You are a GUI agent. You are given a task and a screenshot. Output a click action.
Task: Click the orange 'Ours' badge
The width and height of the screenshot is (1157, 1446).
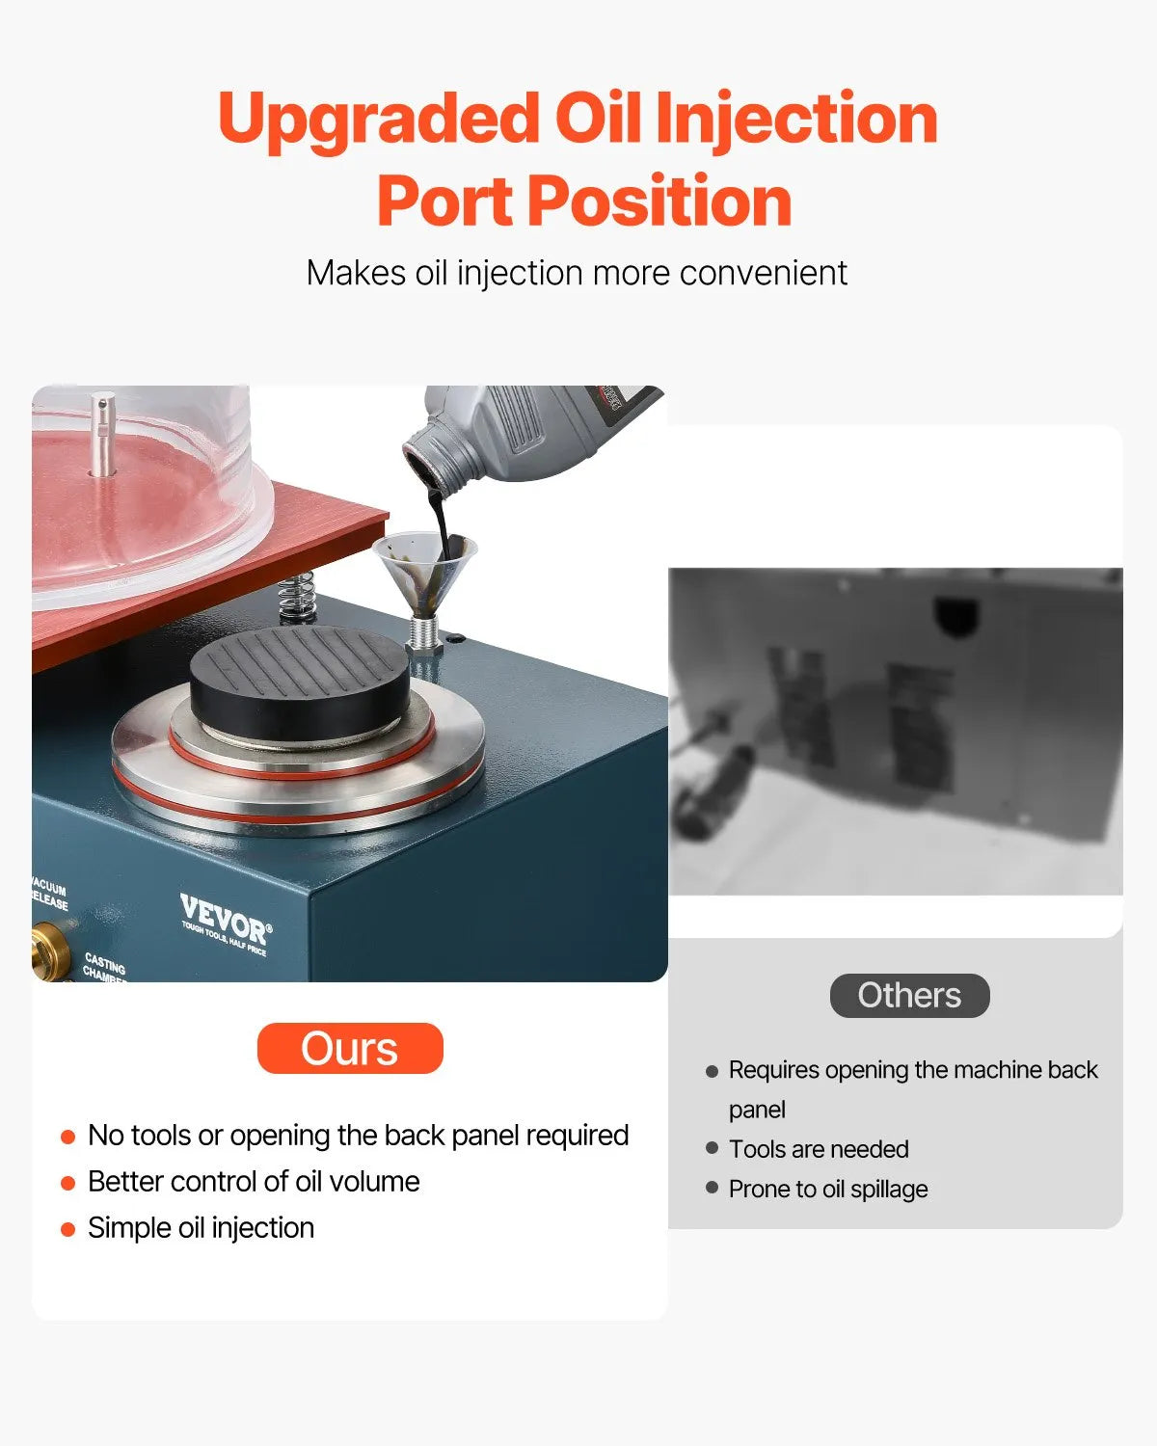[350, 1048]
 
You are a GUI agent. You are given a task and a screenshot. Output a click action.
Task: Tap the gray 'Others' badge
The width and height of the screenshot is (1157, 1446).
[909, 995]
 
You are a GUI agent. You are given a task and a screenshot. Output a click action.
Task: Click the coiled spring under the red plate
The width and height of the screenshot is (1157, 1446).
[298, 598]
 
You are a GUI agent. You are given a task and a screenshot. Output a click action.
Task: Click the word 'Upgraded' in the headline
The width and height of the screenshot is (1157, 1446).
[378, 119]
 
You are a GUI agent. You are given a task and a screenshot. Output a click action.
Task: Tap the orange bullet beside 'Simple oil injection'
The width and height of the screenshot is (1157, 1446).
[67, 1229]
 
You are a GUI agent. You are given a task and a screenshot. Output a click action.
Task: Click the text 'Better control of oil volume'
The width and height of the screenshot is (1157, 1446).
[254, 1181]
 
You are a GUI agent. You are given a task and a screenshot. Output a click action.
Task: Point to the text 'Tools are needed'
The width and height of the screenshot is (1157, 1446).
[819, 1149]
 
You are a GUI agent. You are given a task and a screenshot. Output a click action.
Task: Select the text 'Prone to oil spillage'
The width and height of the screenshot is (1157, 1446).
[828, 1189]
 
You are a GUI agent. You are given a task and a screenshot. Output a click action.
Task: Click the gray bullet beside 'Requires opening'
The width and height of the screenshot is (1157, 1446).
[712, 1071]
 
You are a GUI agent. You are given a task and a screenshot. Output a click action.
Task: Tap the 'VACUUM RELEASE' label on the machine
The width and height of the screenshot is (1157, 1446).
[49, 893]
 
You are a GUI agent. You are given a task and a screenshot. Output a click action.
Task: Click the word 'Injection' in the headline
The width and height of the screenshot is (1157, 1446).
[795, 119]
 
